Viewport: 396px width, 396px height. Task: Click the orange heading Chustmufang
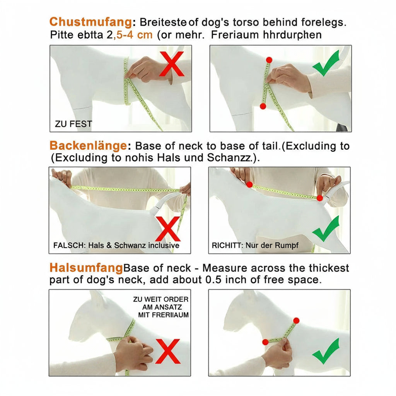tap(90, 22)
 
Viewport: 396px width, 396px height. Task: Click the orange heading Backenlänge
tap(88, 145)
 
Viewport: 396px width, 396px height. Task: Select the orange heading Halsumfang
tap(86, 268)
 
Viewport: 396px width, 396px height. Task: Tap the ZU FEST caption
tap(73, 124)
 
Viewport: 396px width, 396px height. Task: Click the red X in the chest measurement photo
tap(172, 64)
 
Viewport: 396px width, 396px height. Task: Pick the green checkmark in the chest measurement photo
tap(326, 63)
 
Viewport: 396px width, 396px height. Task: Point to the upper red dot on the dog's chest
tap(269, 60)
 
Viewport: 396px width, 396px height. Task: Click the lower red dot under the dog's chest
tap(263, 106)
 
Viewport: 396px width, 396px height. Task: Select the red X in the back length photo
tap(168, 229)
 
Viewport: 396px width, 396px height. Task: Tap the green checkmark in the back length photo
tap(326, 229)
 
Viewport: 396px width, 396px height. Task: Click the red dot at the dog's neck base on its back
tap(249, 184)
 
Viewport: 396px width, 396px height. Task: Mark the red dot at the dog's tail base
tap(320, 198)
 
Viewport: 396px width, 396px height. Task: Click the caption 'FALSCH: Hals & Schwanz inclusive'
tap(116, 245)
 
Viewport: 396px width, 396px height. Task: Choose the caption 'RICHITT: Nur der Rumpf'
tap(255, 245)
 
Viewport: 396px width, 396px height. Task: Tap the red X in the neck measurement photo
tap(168, 351)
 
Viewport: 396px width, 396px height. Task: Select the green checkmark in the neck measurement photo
tap(326, 351)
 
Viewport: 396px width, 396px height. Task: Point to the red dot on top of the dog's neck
tap(296, 321)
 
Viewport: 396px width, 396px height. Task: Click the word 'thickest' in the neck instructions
tap(329, 268)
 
